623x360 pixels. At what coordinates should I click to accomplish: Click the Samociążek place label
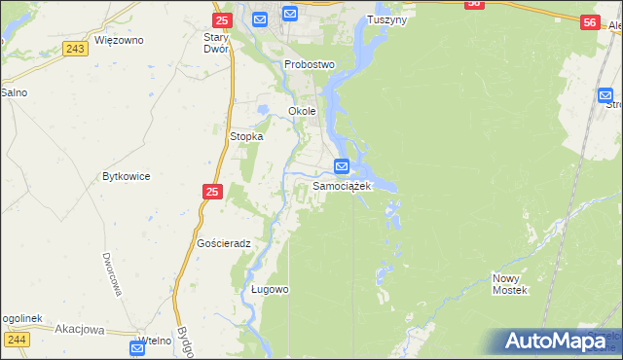342,185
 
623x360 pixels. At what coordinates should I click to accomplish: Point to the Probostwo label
310,64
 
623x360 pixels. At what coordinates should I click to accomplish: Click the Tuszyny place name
386,19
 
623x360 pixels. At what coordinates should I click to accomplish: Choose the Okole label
302,111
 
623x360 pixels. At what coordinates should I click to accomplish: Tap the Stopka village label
246,137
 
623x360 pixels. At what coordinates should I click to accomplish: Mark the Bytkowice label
126,177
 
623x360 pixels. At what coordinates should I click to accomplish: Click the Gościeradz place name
224,243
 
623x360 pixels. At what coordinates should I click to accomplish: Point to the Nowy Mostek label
509,284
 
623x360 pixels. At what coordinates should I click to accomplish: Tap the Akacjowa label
80,329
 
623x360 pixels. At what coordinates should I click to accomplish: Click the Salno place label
14,92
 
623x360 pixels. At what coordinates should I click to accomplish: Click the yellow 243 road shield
74,48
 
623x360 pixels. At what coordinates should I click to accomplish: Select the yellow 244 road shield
16,340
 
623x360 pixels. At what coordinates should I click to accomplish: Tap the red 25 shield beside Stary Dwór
221,19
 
